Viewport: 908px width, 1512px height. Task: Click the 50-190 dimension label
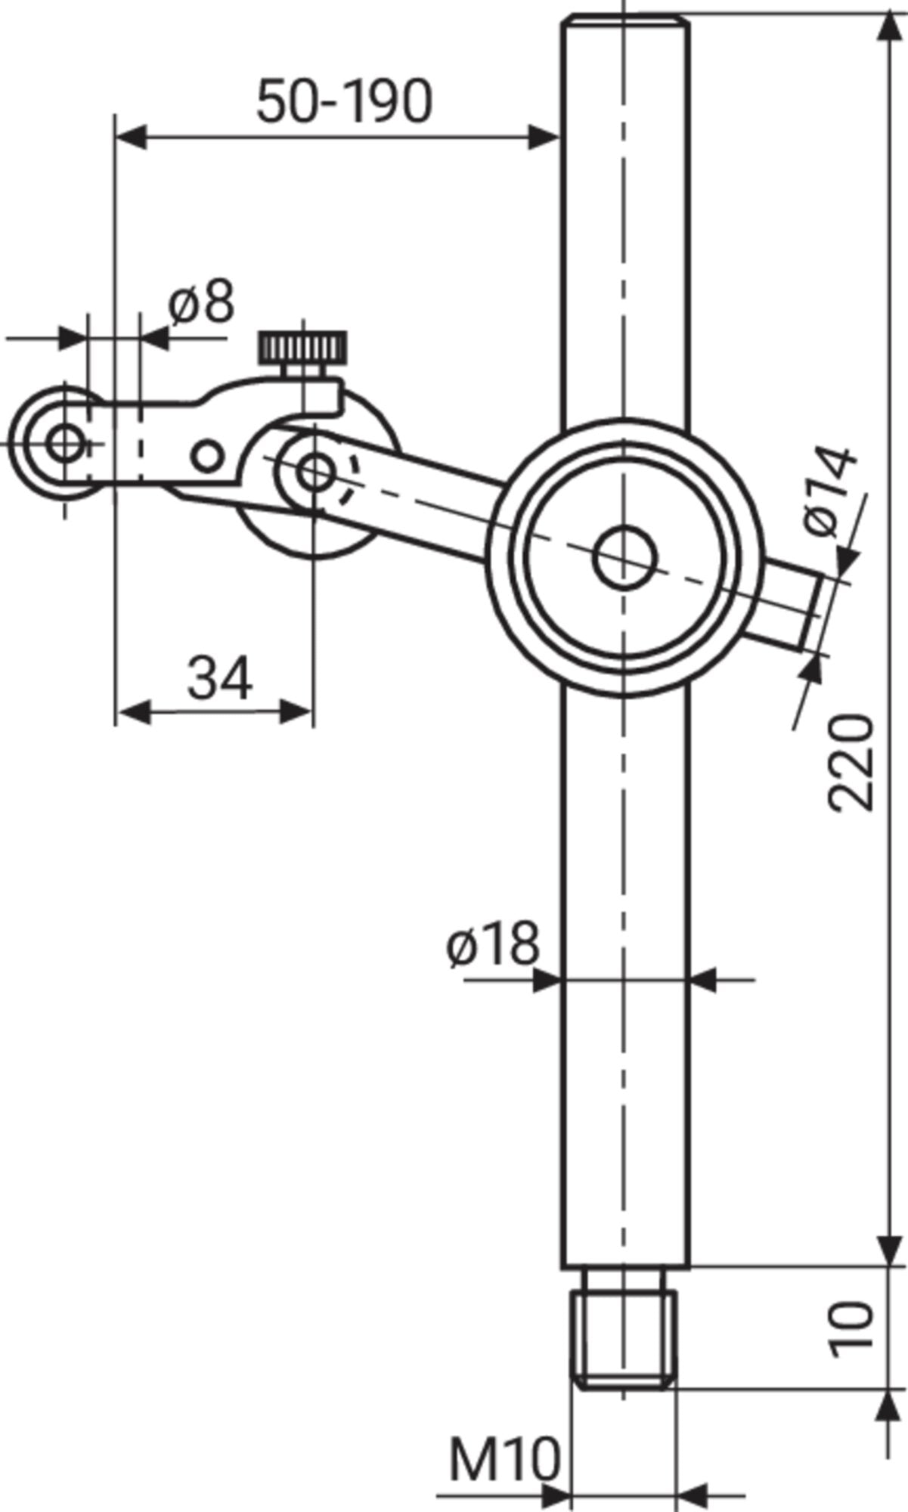coord(344,102)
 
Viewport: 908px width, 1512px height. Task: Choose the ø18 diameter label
coord(492,943)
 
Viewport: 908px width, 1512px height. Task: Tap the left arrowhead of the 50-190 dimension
coord(130,138)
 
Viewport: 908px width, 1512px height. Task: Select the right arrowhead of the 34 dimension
coord(296,711)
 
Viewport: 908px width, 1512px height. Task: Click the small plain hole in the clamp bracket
coord(206,456)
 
